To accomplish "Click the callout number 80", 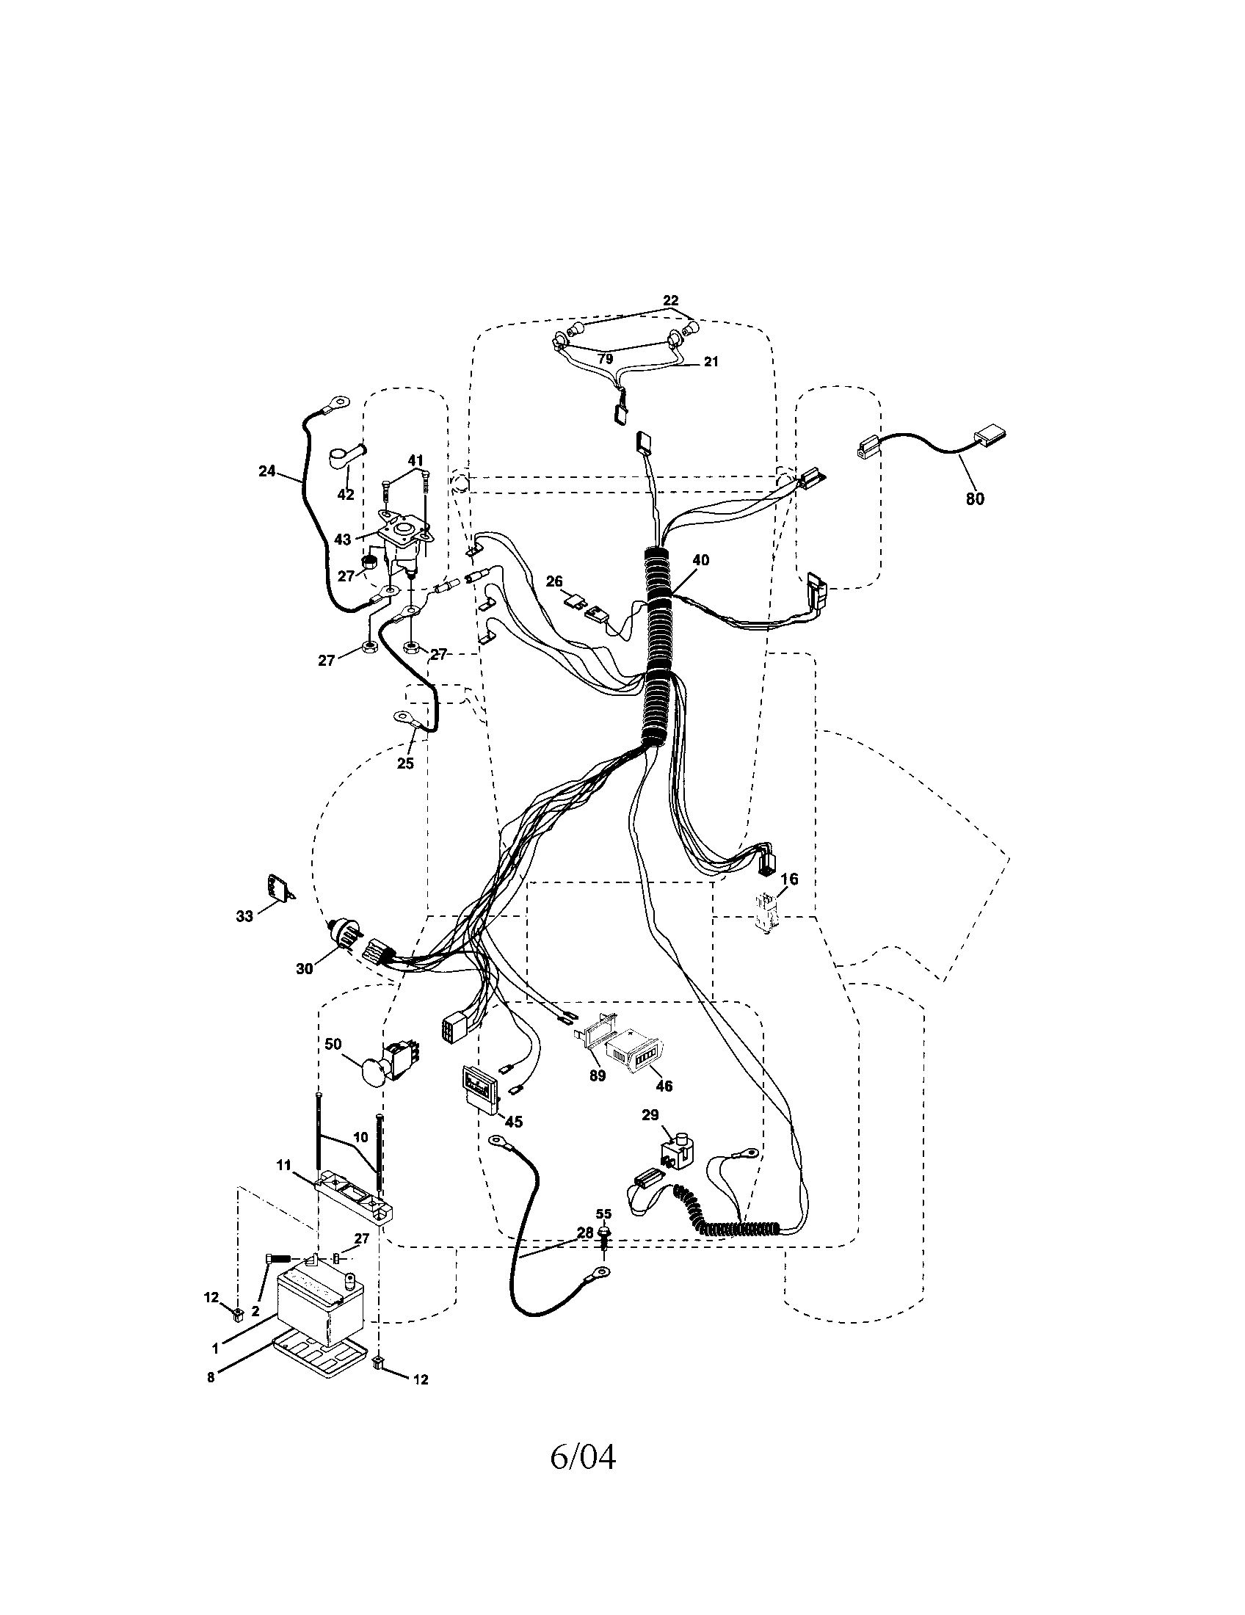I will tap(975, 499).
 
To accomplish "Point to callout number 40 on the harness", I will tap(700, 561).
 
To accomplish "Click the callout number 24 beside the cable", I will tap(268, 471).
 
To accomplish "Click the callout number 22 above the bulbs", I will tap(669, 300).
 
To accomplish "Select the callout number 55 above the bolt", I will tap(603, 1214).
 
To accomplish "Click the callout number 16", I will tap(790, 879).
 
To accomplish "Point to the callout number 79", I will tap(605, 360).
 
